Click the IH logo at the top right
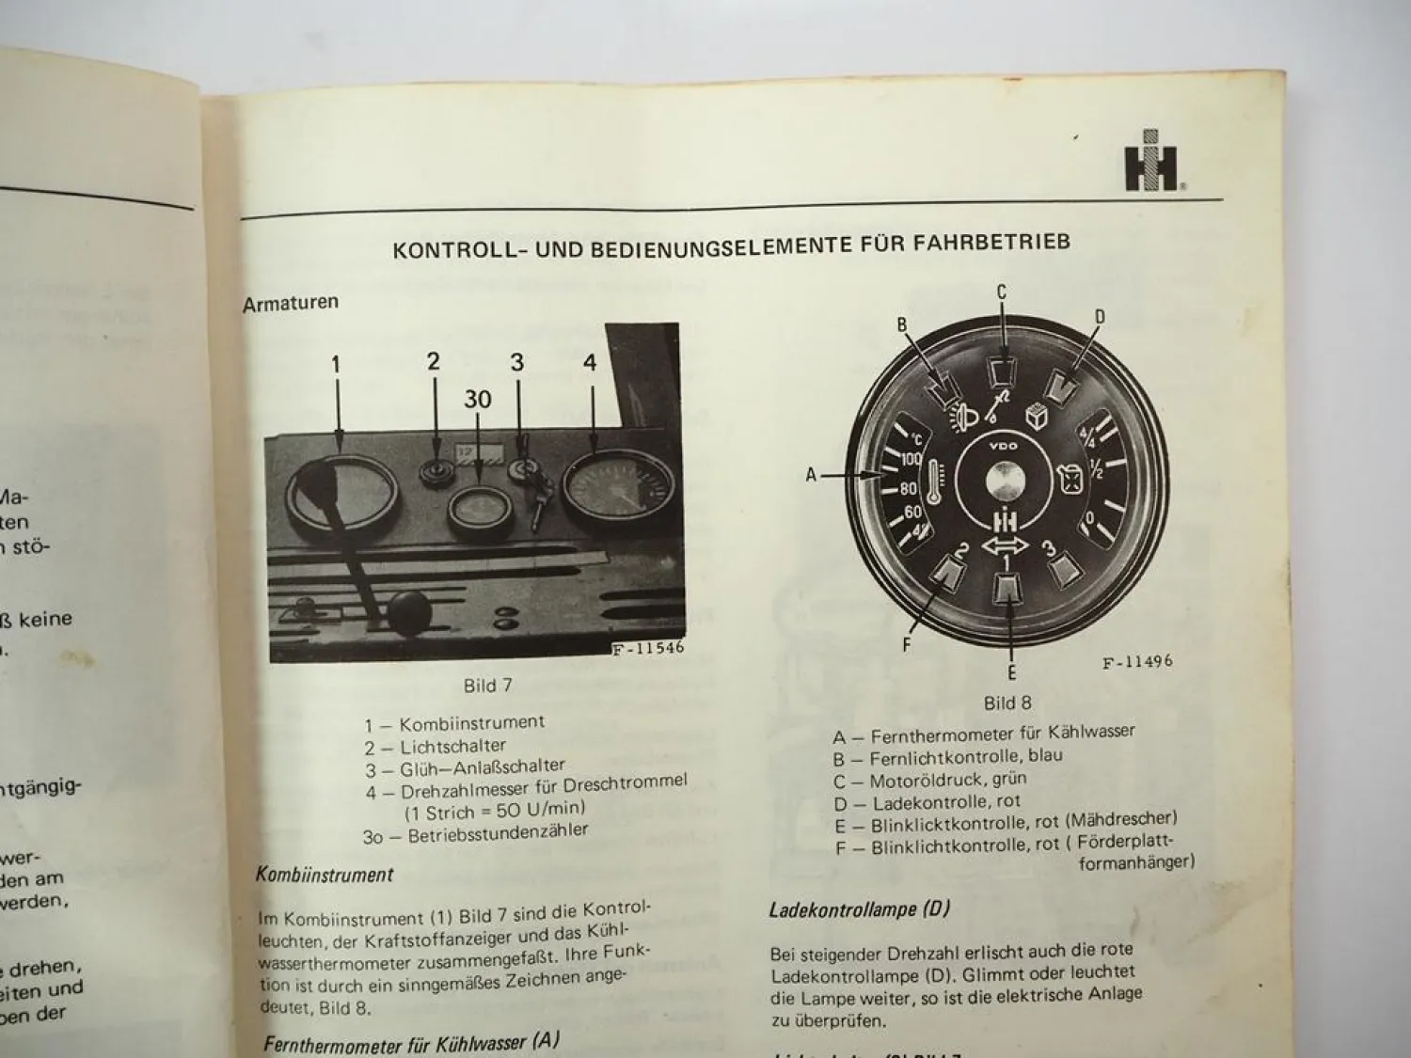pos(1150,169)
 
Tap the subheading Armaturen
pos(290,304)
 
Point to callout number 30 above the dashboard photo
pos(477,400)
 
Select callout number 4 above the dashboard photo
pos(590,363)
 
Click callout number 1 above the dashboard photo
pos(336,365)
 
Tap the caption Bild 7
pos(487,686)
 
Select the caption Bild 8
pos(1007,703)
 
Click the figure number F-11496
pos(1137,662)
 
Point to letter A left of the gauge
pos(811,476)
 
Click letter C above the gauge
pos(1002,293)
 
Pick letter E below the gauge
pos(1011,671)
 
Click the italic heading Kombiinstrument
pos(325,875)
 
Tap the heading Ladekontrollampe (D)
pos(859,909)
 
